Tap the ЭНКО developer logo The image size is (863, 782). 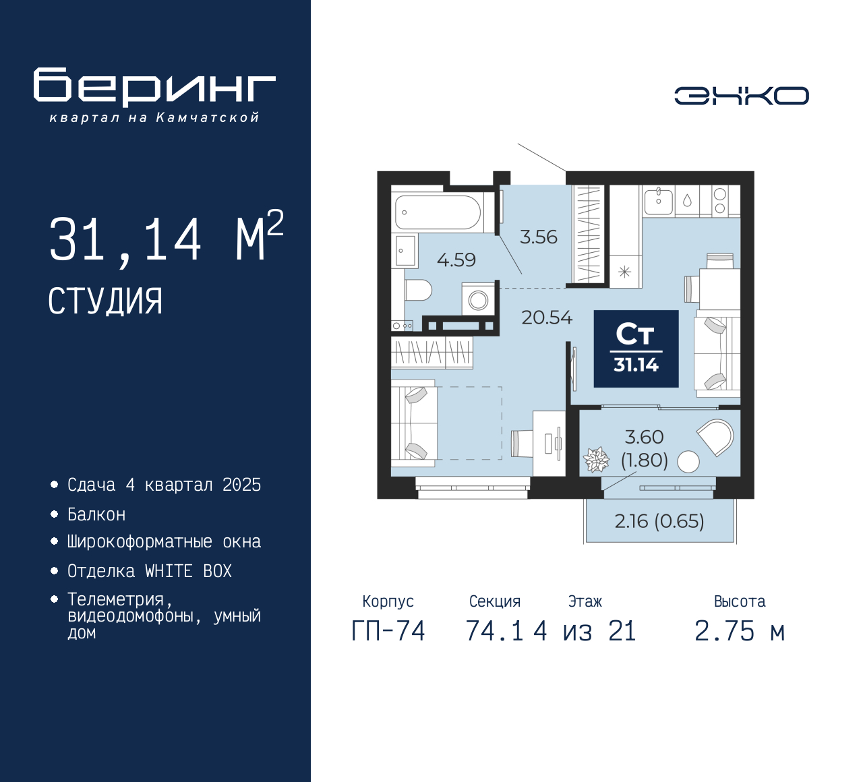pos(741,96)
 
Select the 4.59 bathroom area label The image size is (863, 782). pos(456,260)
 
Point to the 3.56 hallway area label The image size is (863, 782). pos(538,237)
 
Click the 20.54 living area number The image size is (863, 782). pos(547,318)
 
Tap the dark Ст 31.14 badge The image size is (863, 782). pos(636,349)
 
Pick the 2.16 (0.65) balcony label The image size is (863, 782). pos(659,521)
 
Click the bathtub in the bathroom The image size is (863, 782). pos(438,212)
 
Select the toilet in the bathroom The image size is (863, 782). pos(418,290)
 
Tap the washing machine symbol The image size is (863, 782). pos(478,299)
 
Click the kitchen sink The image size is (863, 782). pos(658,202)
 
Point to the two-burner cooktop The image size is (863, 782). pos(719,202)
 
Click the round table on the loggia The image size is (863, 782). pos(688,462)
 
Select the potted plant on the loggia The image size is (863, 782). pos(596,459)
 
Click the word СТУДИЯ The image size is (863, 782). pos(105,301)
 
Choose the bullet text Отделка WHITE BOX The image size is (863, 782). pos(149,571)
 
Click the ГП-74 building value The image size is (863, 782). pos(388,631)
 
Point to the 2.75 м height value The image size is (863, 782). pos(740,631)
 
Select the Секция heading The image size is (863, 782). pos(495,601)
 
